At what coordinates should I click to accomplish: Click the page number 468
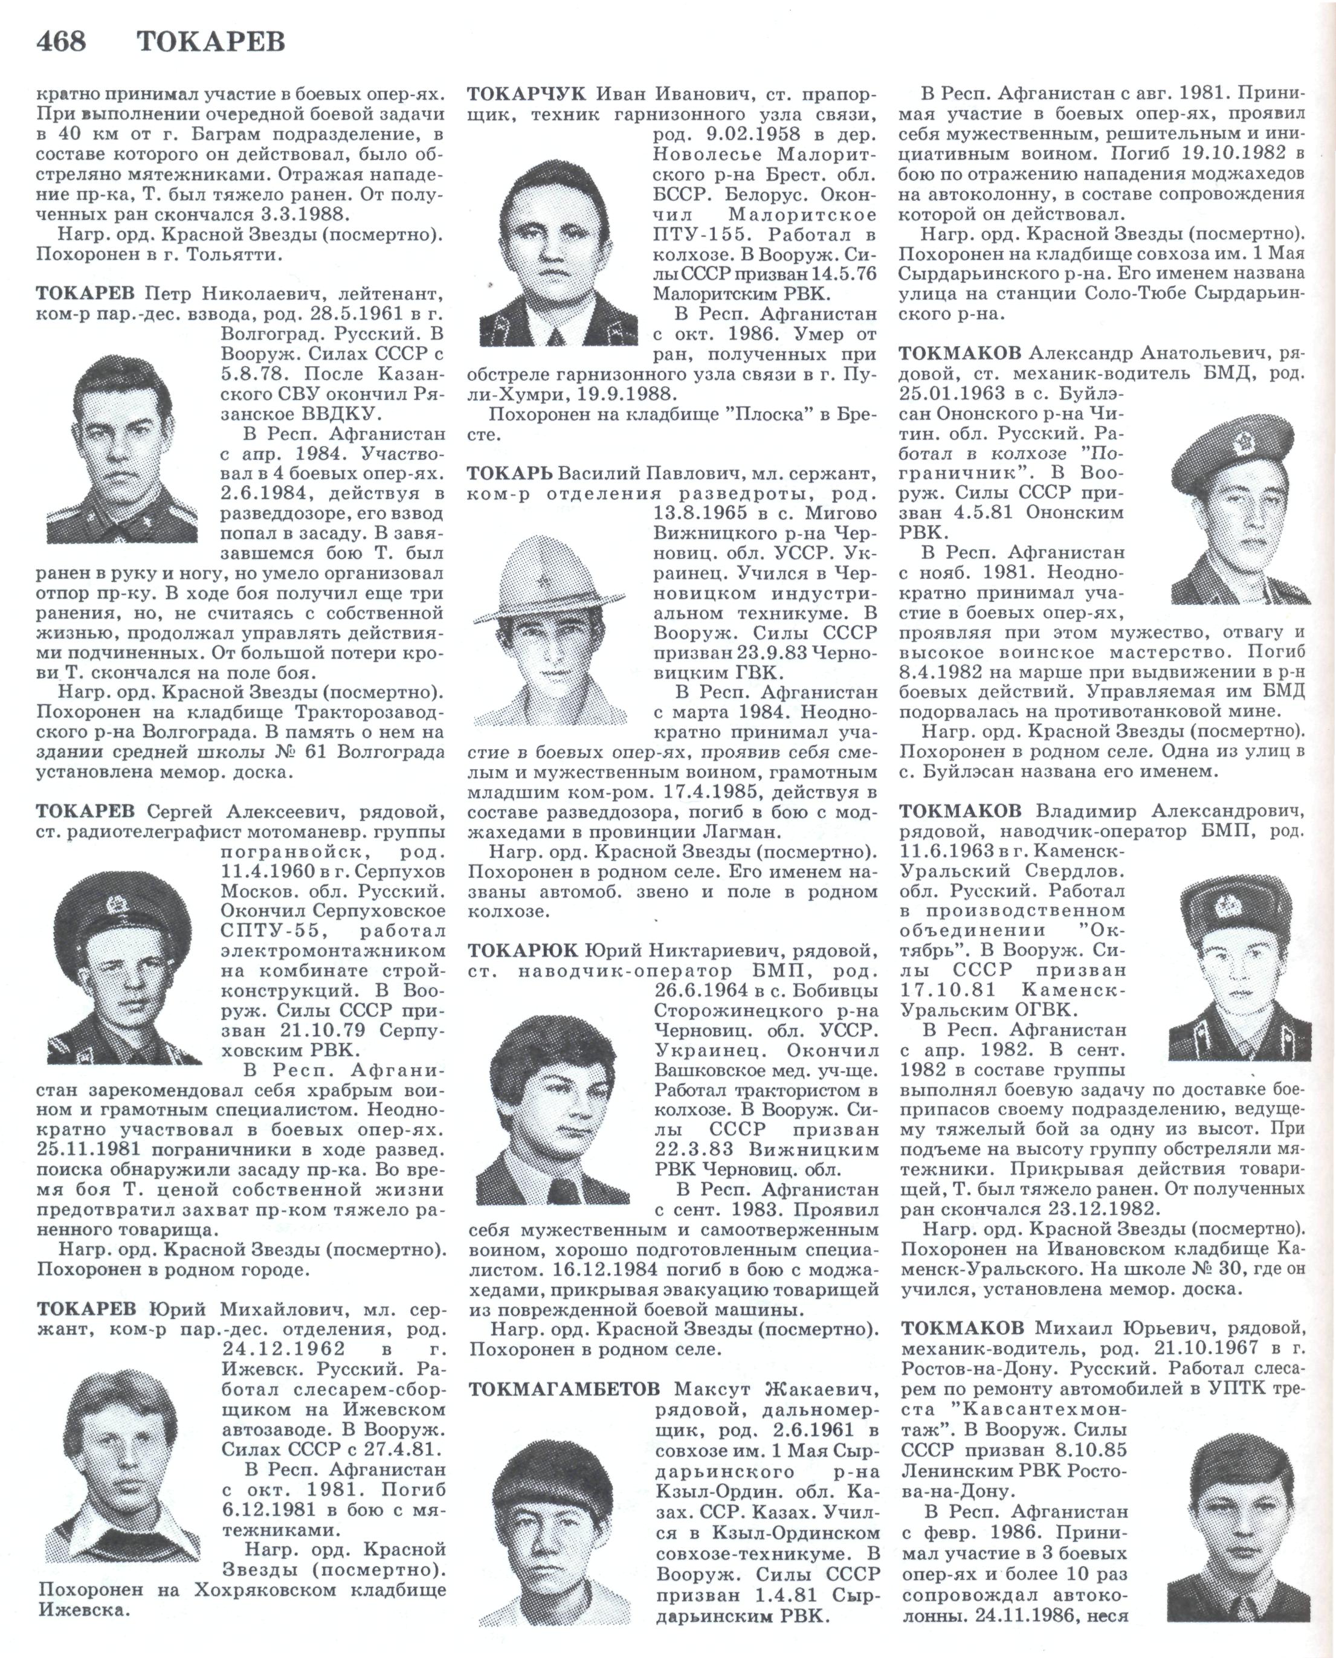[62, 40]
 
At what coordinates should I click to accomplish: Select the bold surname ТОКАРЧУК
[528, 94]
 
